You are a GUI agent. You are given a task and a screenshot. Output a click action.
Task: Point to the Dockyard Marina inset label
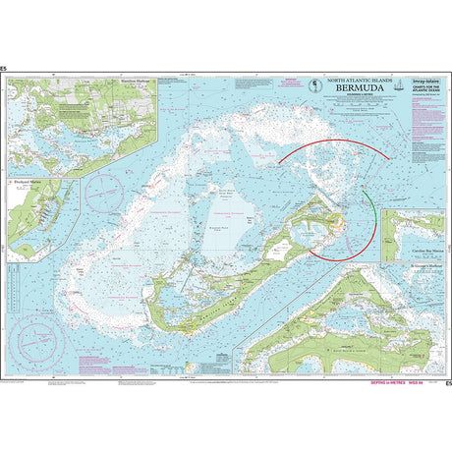pyautogui.click(x=26, y=181)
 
